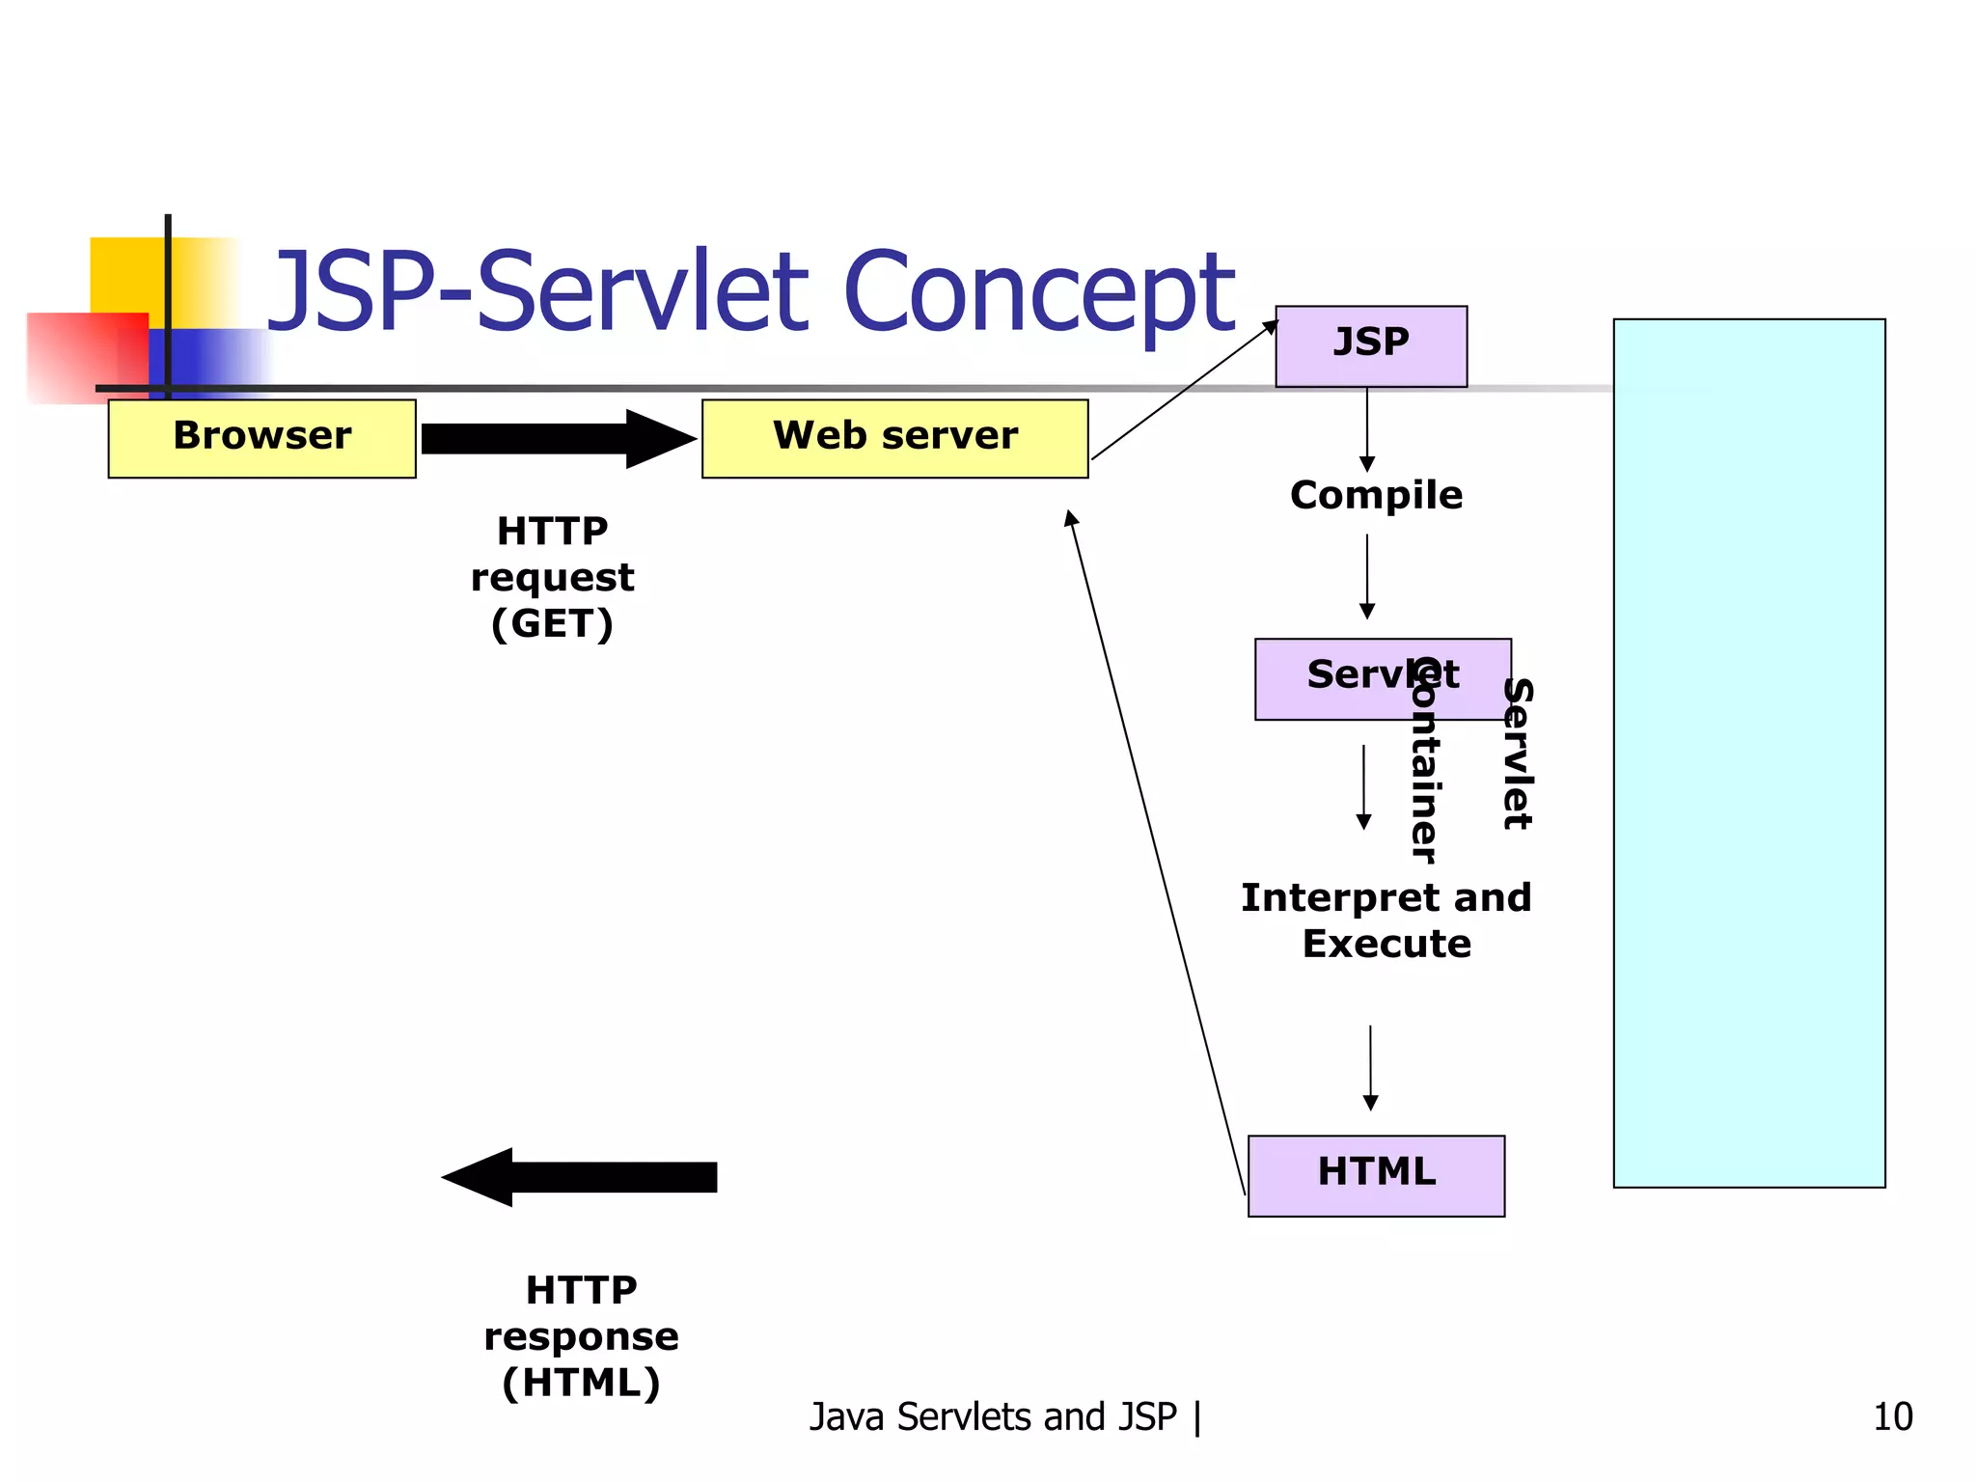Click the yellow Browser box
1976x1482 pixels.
click(261, 438)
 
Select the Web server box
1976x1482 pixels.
click(894, 438)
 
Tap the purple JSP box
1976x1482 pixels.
click(1370, 346)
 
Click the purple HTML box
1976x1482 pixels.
click(1376, 1175)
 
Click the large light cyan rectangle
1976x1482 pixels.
click(1748, 753)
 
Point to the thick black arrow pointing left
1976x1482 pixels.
click(579, 1176)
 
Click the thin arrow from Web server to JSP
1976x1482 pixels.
click(1185, 390)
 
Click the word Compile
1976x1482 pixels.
click(1376, 495)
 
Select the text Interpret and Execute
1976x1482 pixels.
click(1386, 919)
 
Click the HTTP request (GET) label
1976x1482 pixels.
click(552, 577)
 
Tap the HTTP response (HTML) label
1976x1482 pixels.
click(581, 1336)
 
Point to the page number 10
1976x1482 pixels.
click(1892, 1416)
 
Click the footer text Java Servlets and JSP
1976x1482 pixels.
click(994, 1416)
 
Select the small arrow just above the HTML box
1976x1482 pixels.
click(1370, 1067)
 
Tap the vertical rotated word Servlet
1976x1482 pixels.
click(1518, 754)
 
